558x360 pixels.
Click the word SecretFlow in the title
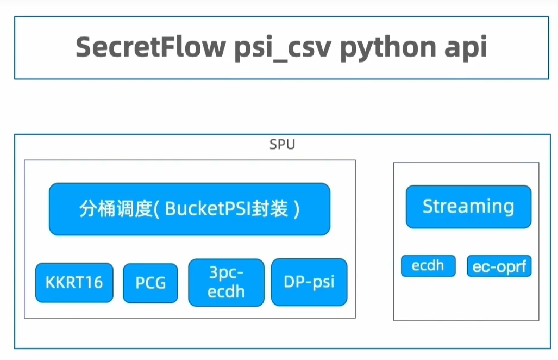pyautogui.click(x=150, y=47)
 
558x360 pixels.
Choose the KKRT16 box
pyautogui.click(x=74, y=283)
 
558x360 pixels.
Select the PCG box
pyautogui.click(x=151, y=283)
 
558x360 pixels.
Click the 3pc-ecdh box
pyautogui.click(x=227, y=282)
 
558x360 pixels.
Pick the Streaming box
pyautogui.click(x=468, y=206)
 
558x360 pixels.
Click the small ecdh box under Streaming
pyautogui.click(x=428, y=266)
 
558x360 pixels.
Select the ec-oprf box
pyautogui.click(x=499, y=266)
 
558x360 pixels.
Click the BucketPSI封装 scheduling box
pyautogui.click(x=189, y=209)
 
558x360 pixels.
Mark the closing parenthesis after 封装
pyautogui.click(x=297, y=209)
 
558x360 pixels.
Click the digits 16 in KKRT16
pyautogui.click(x=95, y=283)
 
